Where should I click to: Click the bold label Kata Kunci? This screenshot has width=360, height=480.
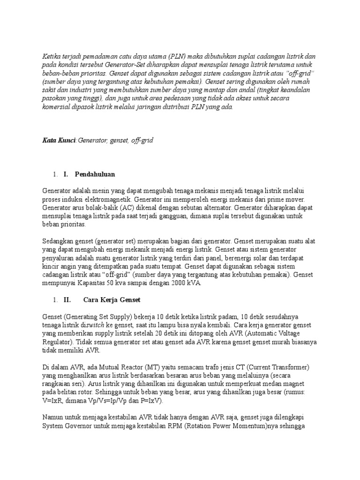click(59, 140)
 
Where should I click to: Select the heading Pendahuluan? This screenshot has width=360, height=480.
click(95, 174)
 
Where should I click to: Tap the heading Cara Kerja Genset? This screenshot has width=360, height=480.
click(112, 299)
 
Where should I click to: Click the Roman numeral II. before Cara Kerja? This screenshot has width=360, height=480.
click(67, 299)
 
